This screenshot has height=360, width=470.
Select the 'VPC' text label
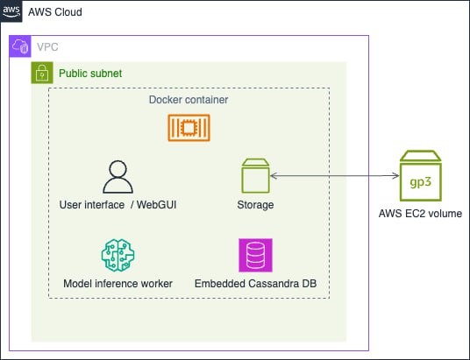click(48, 46)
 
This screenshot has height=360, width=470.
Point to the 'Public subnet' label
click(90, 73)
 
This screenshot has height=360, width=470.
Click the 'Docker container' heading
click(189, 100)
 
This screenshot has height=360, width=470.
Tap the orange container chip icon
click(189, 129)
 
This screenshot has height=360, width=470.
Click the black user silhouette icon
click(117, 177)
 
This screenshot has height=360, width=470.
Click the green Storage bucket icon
click(255, 176)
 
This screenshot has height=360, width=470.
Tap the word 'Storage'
click(255, 205)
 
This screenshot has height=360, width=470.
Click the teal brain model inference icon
click(117, 255)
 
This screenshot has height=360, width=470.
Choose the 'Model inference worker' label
click(117, 284)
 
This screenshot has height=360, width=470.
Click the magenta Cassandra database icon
click(255, 255)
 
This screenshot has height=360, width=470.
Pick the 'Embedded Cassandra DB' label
click(255, 284)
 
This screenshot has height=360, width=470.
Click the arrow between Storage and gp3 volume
click(331, 177)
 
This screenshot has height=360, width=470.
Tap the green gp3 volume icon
click(420, 177)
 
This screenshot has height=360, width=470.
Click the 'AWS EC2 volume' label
click(420, 214)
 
